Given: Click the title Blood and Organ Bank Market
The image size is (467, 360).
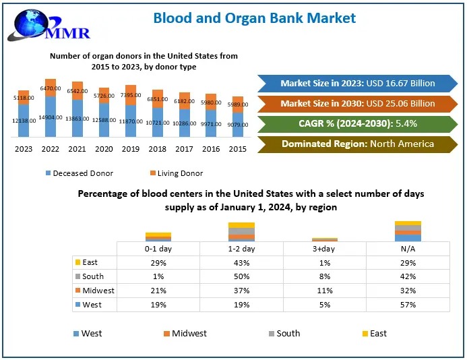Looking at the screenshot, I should click(255, 18).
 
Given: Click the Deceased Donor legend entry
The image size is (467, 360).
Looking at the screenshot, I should click(80, 173).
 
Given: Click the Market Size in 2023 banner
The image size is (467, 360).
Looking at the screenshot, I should click(358, 84).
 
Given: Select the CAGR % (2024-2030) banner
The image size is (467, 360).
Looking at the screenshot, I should click(358, 124).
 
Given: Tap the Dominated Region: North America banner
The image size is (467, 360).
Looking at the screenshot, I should click(358, 144).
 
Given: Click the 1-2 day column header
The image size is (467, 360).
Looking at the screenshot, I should click(241, 249).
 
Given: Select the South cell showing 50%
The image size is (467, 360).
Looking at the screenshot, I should click(241, 276).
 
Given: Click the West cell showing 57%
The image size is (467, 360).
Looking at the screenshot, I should click(407, 305).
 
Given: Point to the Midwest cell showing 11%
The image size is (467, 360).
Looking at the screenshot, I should click(324, 291).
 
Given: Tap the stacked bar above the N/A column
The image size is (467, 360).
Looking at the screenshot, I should click(408, 231).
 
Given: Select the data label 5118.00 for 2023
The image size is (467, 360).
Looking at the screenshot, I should click(24, 98).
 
